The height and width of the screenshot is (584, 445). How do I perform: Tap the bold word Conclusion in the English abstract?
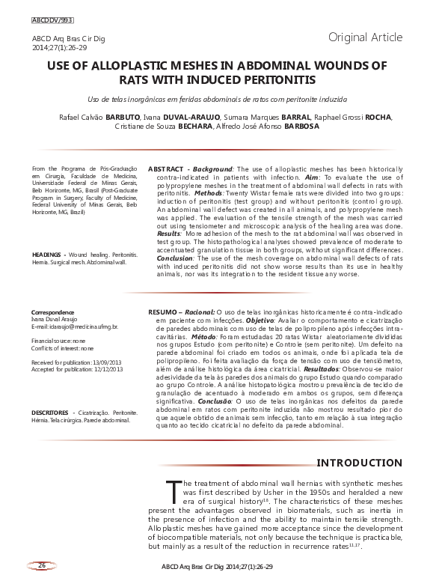tap(174, 258)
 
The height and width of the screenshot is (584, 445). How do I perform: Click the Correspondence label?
tap(52, 311)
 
